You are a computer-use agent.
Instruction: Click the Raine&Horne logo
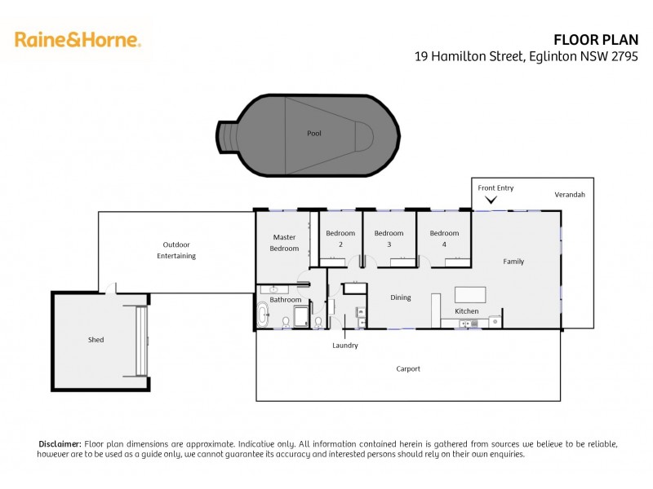point(78,39)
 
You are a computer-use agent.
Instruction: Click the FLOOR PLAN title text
point(602,39)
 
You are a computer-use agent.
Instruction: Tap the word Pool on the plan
point(314,133)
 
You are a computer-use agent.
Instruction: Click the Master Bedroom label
point(285,243)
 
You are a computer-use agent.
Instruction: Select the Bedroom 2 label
point(340,238)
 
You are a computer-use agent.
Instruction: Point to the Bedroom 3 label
point(389,238)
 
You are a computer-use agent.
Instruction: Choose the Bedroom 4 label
point(444,238)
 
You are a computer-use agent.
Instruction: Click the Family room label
point(513,262)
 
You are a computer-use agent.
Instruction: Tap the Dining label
point(400,297)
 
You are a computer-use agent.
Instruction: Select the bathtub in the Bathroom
point(263,315)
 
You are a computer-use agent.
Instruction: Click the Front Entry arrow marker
point(491,200)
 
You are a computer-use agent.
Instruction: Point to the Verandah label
point(570,196)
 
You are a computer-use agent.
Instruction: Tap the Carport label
point(408,369)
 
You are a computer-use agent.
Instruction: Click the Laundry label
point(344,346)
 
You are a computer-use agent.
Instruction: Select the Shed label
point(96,339)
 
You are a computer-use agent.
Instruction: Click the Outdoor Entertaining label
point(176,250)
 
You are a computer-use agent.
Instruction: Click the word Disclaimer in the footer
point(60,443)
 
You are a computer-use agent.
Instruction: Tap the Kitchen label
point(466,312)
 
